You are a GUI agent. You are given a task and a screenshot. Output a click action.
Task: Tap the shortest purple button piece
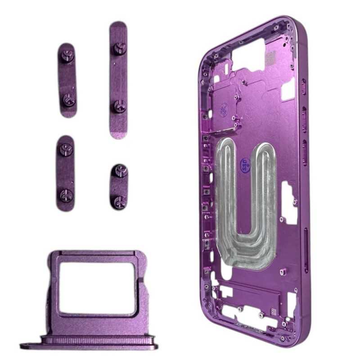(x=119, y=186)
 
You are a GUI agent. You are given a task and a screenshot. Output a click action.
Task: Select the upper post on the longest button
(x=119, y=48)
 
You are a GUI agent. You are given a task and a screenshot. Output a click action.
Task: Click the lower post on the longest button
(x=119, y=107)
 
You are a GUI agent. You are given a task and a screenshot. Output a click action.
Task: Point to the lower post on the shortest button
(x=120, y=201)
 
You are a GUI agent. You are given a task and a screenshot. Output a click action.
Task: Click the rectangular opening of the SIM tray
(x=97, y=288)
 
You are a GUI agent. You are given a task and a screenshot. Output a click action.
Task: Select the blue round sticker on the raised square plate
(x=224, y=109)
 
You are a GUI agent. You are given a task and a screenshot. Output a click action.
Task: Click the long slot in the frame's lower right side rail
(x=306, y=250)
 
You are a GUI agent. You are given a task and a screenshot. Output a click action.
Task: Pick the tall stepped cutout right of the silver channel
(x=288, y=202)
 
